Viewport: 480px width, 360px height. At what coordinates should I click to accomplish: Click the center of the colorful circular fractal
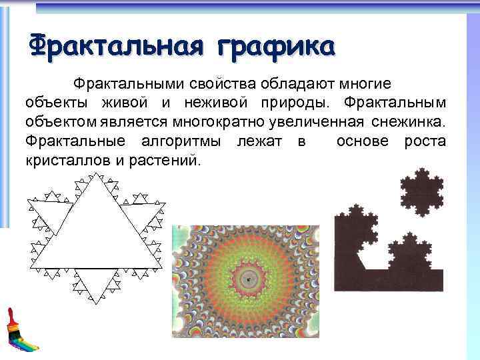coord(249,281)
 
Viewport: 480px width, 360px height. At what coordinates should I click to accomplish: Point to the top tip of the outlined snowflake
coord(96,175)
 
